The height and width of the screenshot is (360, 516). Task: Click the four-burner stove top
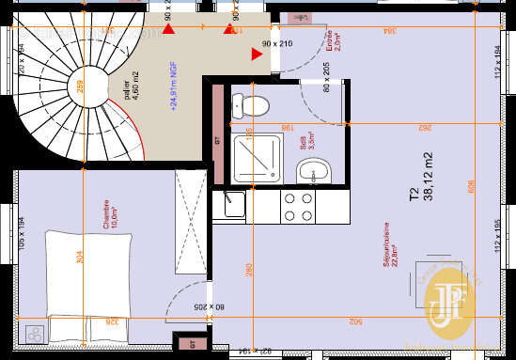[298, 206]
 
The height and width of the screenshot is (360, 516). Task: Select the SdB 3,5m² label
[306, 141]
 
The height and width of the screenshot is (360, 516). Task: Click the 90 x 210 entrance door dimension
[278, 43]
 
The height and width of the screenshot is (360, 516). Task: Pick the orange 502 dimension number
[356, 321]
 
